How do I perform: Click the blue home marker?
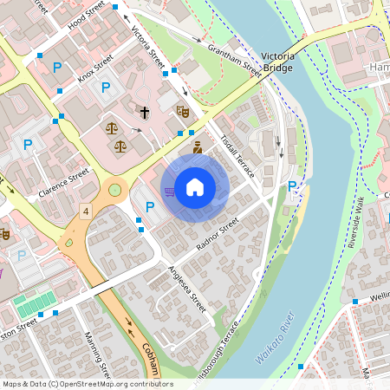(195, 186)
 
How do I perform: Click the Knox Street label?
(96, 68)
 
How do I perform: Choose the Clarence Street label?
(66, 182)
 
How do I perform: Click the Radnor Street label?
(217, 234)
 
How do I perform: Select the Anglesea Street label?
(188, 289)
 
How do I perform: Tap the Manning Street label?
(95, 355)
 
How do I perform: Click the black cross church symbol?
(145, 113)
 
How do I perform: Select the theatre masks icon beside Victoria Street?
(182, 111)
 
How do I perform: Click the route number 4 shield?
(85, 211)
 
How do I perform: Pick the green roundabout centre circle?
(114, 190)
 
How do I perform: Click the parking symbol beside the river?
(292, 186)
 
